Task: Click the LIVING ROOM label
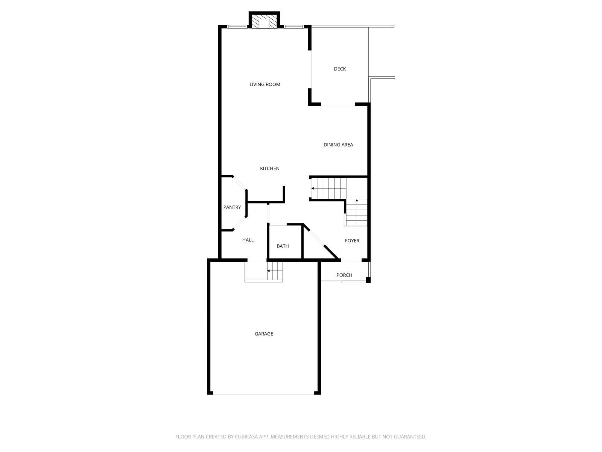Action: click(x=265, y=84)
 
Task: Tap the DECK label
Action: click(x=340, y=69)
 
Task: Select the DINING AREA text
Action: click(x=338, y=145)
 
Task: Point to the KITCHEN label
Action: click(x=270, y=168)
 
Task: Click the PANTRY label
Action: click(x=232, y=207)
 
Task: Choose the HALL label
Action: click(x=248, y=240)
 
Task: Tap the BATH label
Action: click(x=283, y=246)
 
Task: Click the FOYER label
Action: click(x=352, y=241)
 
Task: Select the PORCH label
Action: click(x=344, y=275)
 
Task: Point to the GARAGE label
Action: click(x=264, y=334)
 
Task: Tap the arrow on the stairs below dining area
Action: click(x=313, y=188)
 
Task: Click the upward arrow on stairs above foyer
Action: click(x=357, y=201)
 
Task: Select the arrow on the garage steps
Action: click(x=269, y=270)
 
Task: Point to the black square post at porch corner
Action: click(x=368, y=280)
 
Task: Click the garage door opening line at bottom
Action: click(x=263, y=394)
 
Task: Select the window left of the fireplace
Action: click(x=237, y=26)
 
